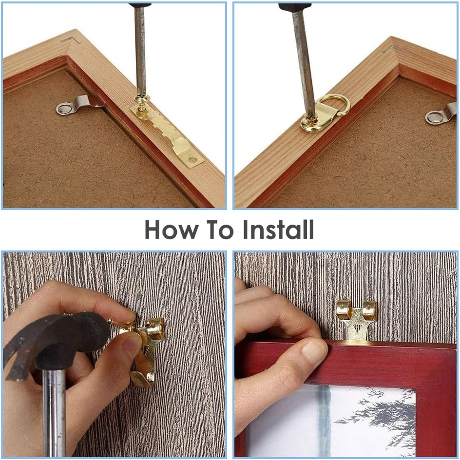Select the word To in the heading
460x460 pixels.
point(219,230)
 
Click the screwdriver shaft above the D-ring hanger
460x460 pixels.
point(302,58)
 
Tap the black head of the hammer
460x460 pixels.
point(58,336)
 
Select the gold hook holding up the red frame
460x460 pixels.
point(357,319)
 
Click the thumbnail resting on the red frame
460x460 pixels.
point(314,352)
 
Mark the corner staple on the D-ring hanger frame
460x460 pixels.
point(390,48)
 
